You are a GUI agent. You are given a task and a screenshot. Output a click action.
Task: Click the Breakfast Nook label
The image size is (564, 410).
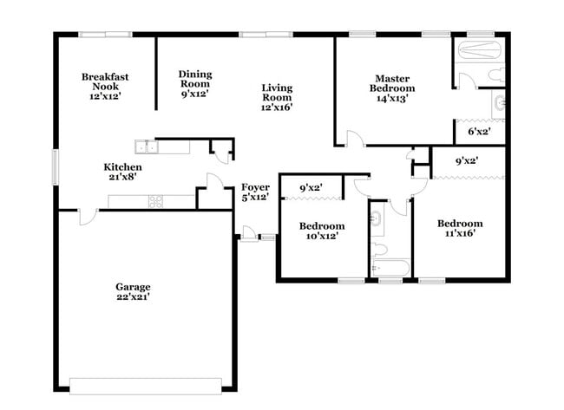coord(105,87)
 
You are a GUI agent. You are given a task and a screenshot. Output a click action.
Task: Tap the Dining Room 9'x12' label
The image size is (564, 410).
coord(195,84)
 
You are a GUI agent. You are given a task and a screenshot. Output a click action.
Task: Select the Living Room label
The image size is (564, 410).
coord(277,97)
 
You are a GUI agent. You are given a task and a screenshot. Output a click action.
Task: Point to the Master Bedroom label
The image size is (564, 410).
coord(392,88)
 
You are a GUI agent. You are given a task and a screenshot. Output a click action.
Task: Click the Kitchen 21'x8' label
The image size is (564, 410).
coord(123,172)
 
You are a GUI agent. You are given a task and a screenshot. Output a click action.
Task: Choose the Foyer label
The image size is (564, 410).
coord(255,192)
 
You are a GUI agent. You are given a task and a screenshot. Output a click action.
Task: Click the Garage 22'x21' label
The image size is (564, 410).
coord(134,292)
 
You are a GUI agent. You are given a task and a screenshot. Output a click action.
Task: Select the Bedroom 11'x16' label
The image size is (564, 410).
coord(459,229)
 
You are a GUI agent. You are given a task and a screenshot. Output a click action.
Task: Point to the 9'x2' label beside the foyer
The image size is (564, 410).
coord(312,187)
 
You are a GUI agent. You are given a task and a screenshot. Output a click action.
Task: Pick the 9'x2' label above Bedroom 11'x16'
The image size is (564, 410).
coord(467,160)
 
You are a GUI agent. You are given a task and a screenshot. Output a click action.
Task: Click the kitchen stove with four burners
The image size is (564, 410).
coord(157,201)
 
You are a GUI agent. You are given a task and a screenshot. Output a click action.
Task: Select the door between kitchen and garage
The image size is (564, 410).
coord(87,217)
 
